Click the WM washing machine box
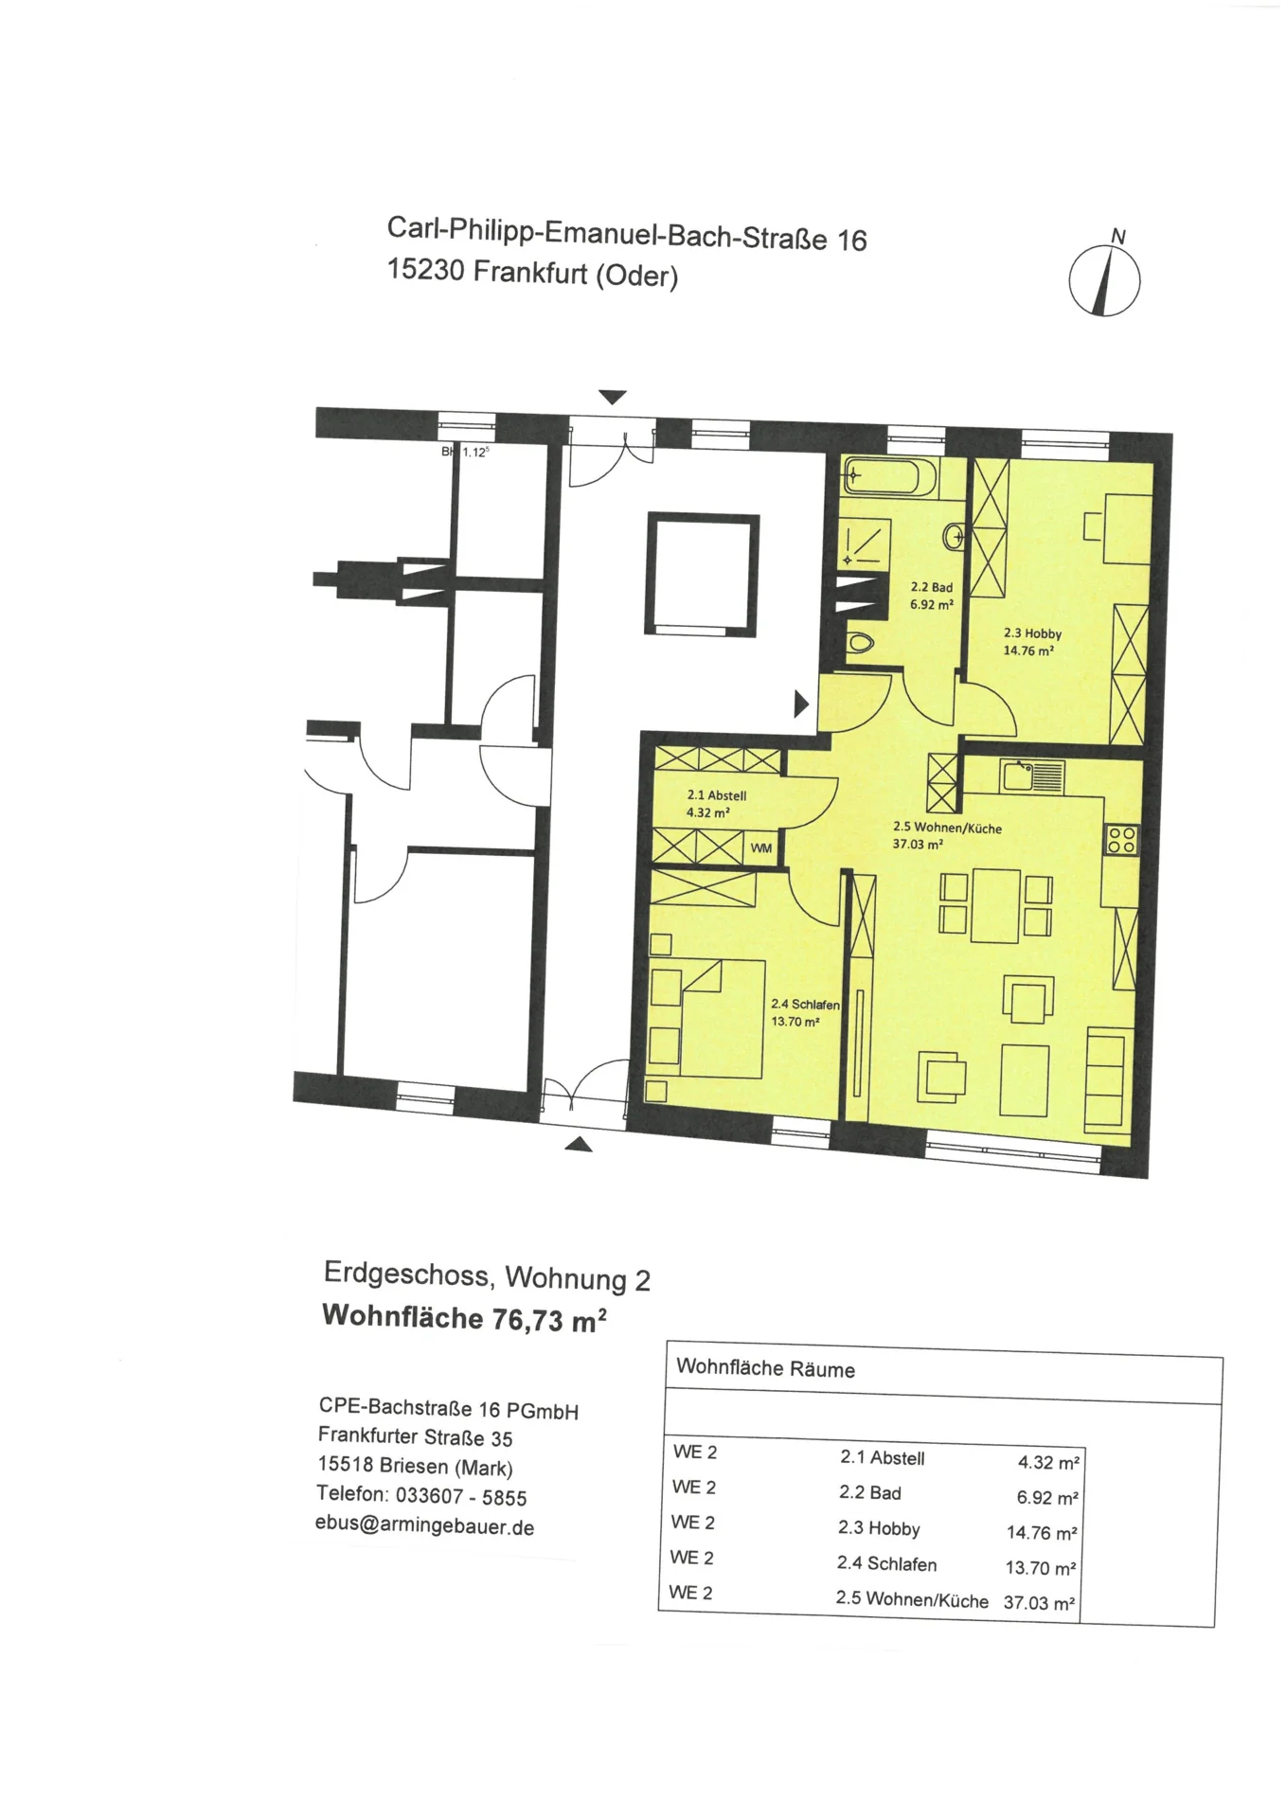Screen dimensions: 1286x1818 (x=761, y=848)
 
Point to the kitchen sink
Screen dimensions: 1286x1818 (x=1031, y=776)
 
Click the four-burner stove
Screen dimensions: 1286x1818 (x=1122, y=839)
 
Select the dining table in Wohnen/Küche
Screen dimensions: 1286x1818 (x=995, y=905)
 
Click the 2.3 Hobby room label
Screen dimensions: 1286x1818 (x=1032, y=633)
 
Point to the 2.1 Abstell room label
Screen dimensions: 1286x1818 (x=716, y=795)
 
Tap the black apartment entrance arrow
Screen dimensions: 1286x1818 (x=801, y=704)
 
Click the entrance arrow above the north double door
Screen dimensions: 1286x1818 (x=613, y=397)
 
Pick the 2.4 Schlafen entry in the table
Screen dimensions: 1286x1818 (x=886, y=1563)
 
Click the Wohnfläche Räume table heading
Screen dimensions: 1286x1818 (x=765, y=1368)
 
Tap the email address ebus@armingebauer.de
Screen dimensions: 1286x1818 (x=424, y=1525)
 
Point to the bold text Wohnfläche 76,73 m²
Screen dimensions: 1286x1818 (x=464, y=1317)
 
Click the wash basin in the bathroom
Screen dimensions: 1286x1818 (x=955, y=537)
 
